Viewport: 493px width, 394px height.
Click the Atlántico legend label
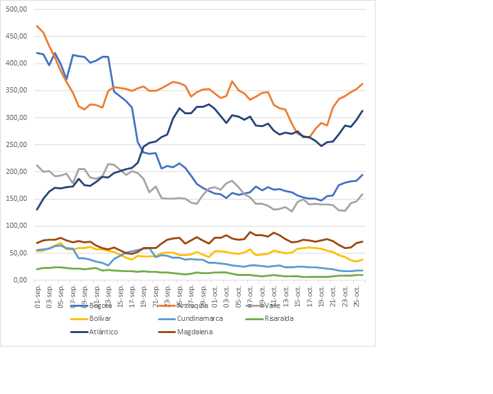pos(105,332)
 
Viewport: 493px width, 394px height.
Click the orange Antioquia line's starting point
pos(37,26)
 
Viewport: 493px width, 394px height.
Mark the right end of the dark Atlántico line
pos(363,110)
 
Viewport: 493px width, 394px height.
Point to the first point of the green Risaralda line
pos(37,270)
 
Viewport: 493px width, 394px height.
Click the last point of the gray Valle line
pos(363,194)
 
